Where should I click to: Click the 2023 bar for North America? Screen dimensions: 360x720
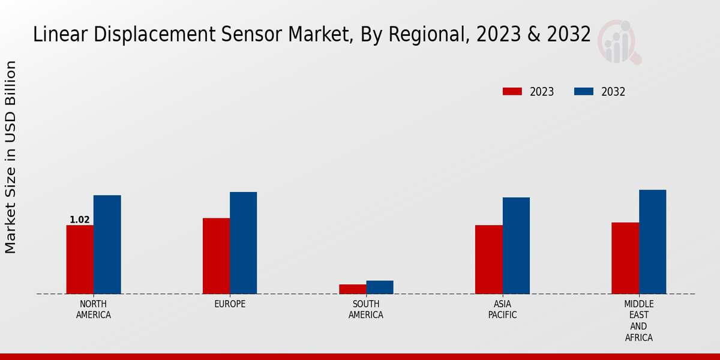coord(80,259)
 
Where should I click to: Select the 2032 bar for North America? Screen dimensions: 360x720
coord(107,244)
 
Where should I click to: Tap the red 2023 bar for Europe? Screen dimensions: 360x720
coord(216,256)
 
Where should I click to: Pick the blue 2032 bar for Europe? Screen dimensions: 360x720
coord(243,242)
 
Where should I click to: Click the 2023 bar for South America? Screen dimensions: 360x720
coord(352,289)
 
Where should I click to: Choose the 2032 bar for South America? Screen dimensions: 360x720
coord(380,287)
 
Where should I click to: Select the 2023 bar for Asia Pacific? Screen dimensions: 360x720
coord(488,259)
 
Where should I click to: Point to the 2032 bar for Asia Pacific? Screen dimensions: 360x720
coord(516,245)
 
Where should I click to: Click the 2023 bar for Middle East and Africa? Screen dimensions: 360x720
coord(625,258)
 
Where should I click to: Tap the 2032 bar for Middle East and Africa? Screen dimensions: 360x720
coord(652,242)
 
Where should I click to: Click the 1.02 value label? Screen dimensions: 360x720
coord(80,220)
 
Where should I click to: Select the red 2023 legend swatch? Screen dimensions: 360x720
coord(512,92)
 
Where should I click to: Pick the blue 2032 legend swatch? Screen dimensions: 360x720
coord(584,92)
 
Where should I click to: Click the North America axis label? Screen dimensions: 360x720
coord(94,310)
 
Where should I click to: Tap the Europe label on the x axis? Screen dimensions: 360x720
coord(230,304)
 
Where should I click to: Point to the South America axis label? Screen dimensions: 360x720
coord(366,310)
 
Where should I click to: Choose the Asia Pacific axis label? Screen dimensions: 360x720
coord(502,310)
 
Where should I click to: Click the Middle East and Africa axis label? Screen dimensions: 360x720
coord(638,321)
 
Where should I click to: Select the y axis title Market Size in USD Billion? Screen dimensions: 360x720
coord(11,157)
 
